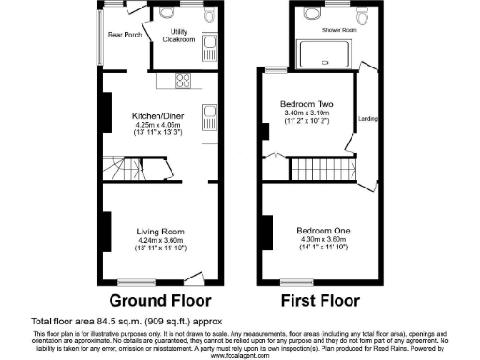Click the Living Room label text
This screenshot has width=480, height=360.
(159, 231)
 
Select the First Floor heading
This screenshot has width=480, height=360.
(322, 302)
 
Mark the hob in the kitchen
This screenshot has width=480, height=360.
(180, 80)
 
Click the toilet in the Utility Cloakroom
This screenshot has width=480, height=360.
(167, 14)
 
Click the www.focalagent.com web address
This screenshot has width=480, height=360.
(239, 356)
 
